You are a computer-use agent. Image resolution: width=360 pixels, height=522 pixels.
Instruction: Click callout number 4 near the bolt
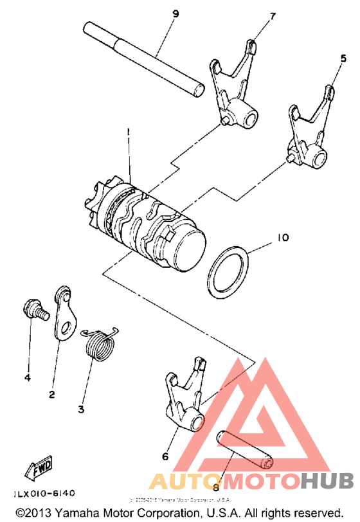(27, 378)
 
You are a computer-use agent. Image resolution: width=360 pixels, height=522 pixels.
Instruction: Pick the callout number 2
(51, 393)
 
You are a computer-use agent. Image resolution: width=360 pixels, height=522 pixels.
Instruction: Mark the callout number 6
(165, 456)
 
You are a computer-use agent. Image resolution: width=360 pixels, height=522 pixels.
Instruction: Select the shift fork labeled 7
(234, 87)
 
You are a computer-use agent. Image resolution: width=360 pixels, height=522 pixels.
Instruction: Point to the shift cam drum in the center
(148, 222)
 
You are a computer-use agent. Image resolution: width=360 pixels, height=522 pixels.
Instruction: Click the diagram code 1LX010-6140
(44, 493)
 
